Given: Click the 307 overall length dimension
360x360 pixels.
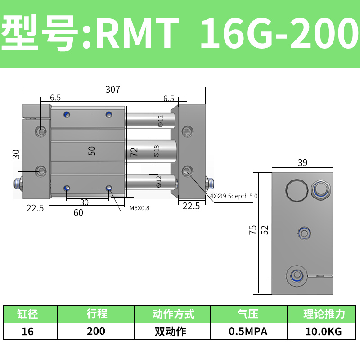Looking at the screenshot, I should click(x=112, y=89).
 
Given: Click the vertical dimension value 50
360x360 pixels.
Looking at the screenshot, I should click(x=92, y=151).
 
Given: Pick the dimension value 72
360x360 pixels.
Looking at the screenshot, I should click(x=134, y=152).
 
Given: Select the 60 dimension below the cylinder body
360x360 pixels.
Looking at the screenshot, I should click(x=78, y=212).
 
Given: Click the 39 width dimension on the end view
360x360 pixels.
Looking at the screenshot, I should click(x=302, y=163).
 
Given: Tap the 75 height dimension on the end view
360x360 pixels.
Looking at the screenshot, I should click(x=253, y=229).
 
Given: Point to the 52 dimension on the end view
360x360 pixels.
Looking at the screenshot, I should click(x=265, y=229).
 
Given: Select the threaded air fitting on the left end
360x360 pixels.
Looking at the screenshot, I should click(x=18, y=183).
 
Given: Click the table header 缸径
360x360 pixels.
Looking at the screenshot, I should click(x=28, y=314).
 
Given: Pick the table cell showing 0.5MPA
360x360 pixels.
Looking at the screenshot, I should click(x=248, y=331).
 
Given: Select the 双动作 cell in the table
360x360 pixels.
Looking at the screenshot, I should click(x=173, y=331).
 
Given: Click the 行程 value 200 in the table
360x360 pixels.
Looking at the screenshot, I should click(x=96, y=331).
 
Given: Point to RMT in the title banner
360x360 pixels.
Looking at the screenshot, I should click(x=137, y=34).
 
